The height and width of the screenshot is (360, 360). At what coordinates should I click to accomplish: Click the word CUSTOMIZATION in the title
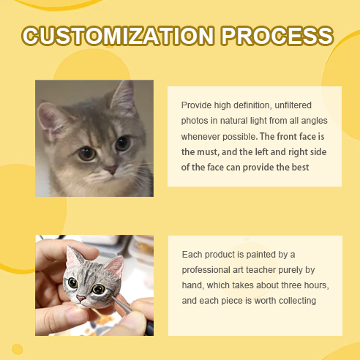[118, 36]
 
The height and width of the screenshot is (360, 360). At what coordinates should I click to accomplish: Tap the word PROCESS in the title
[277, 36]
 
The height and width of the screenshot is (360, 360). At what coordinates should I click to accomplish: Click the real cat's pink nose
[111, 169]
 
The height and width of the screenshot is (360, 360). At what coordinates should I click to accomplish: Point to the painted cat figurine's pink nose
[80, 298]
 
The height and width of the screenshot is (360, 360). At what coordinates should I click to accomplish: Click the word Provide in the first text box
[196, 105]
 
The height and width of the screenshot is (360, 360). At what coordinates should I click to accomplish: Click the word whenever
[200, 137]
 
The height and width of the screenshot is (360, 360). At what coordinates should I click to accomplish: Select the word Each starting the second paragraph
[192, 255]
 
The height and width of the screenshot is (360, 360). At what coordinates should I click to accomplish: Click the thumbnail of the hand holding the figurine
[94, 285]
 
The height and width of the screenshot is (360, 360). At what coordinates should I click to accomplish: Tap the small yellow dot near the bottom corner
[18, 349]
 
